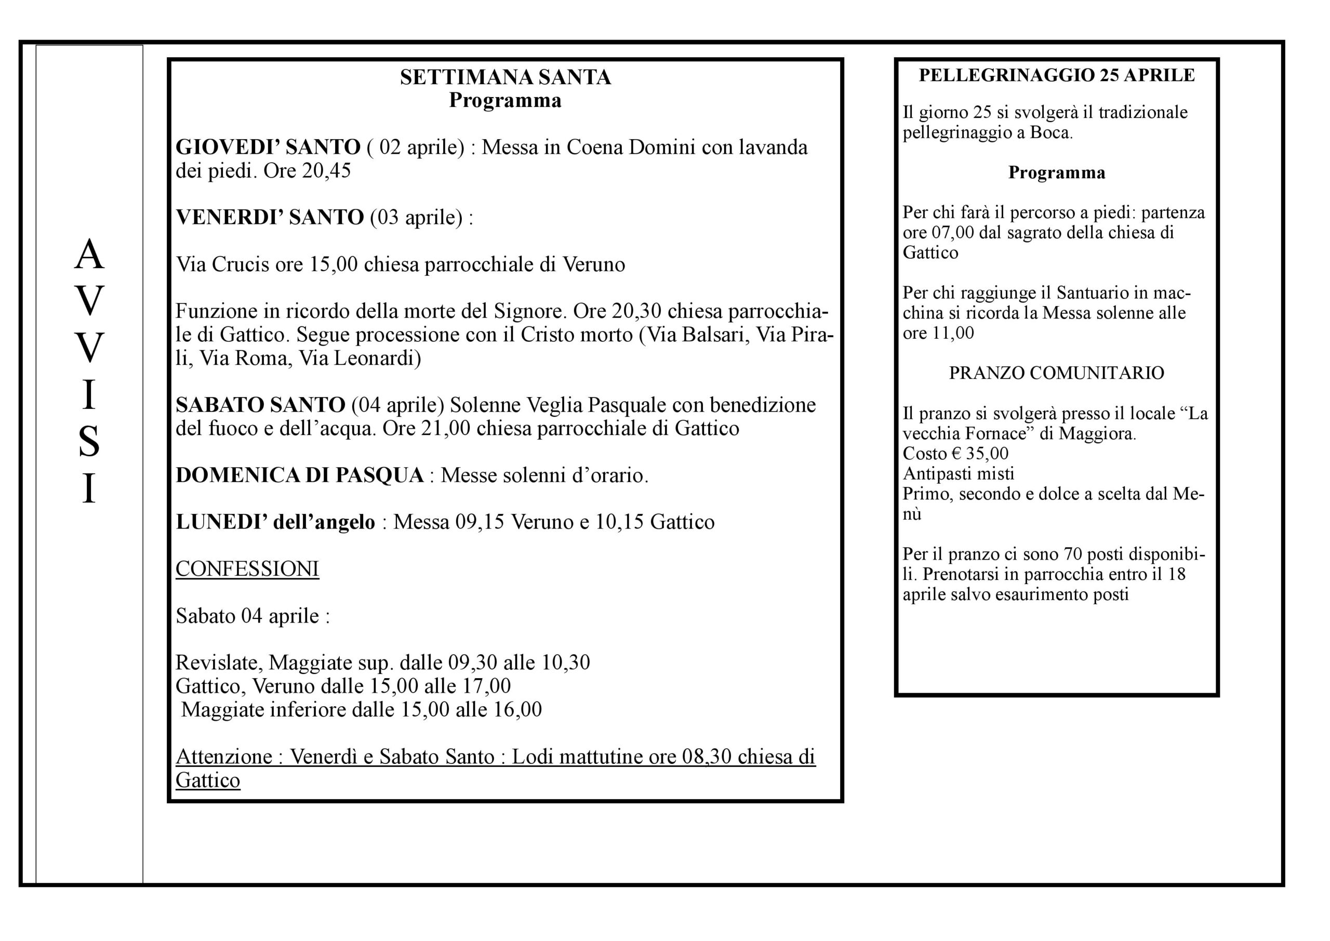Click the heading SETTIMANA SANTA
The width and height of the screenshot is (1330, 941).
[x=505, y=77]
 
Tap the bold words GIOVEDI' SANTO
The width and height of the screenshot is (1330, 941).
[x=268, y=147]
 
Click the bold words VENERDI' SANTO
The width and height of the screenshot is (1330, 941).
[x=269, y=217]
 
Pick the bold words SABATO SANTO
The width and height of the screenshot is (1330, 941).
[x=261, y=405]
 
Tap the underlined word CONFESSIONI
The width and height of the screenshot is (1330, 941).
[x=247, y=569]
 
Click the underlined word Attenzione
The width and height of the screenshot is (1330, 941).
[x=223, y=757]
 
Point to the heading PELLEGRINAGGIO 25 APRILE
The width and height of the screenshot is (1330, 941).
[x=1057, y=75]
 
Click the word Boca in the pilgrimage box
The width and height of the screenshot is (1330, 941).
[x=1049, y=132]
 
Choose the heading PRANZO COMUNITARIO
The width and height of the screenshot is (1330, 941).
[x=1057, y=373]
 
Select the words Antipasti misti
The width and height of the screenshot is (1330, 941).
[x=958, y=473]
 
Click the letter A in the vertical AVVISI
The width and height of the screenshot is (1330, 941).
[x=89, y=255]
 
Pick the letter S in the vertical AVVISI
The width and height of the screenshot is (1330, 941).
[x=89, y=442]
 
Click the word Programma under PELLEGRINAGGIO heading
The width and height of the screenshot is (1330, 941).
[x=1057, y=173]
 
